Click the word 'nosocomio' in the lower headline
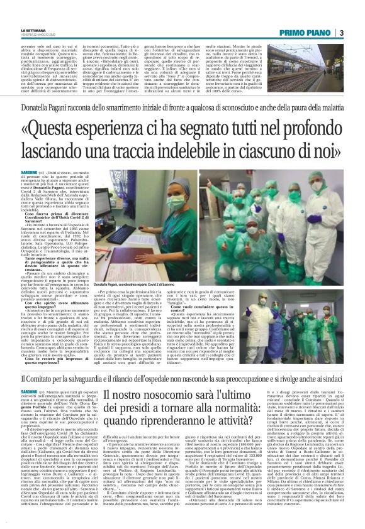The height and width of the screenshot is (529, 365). pos(171,394)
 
